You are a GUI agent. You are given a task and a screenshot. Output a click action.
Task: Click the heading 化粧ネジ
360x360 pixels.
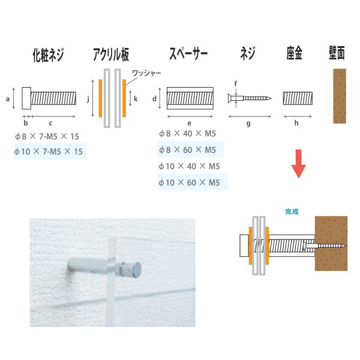(48, 55)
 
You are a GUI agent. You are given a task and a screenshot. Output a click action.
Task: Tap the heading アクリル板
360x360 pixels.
(111, 55)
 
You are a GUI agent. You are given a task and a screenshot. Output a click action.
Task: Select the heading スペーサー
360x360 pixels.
(188, 53)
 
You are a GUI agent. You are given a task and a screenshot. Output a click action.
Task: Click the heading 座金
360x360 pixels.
(294, 53)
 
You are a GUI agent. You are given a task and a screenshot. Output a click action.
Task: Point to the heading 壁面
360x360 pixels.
(337, 53)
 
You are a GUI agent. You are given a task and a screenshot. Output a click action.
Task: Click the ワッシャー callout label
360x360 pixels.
(146, 73)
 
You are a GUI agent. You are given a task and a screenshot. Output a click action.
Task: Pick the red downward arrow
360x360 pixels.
(298, 164)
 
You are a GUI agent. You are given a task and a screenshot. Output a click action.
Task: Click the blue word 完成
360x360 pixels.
(292, 211)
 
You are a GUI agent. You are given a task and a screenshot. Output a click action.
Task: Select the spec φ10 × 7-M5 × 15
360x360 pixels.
(49, 152)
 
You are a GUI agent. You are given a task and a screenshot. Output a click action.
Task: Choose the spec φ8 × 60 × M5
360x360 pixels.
(188, 150)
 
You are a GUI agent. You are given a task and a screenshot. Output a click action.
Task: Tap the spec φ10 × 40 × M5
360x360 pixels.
(189, 166)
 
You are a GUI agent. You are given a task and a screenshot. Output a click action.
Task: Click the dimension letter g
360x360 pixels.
(248, 124)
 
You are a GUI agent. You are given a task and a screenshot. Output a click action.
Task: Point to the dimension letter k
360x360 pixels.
(136, 99)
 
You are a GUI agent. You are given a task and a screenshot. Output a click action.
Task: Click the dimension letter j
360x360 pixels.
(88, 100)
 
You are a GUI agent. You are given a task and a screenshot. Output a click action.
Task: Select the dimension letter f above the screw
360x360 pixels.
(236, 84)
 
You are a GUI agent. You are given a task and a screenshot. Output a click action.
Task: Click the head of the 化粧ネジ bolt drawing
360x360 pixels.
(26, 98)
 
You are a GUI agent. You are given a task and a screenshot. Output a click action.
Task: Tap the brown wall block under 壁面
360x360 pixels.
(340, 96)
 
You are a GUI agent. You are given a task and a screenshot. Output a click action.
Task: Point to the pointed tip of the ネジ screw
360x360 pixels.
(271, 98)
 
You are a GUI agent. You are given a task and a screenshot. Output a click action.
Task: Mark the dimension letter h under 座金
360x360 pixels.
(296, 123)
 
